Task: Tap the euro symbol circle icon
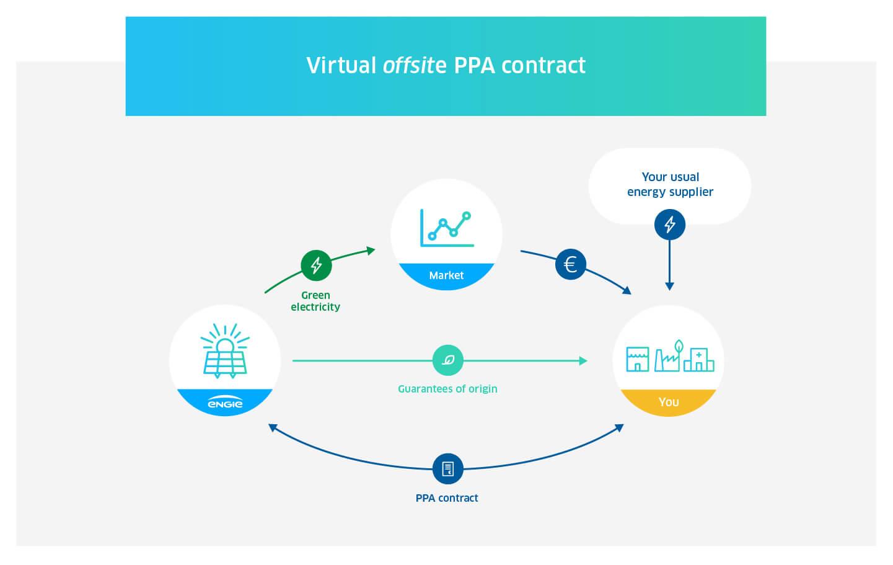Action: point(571,265)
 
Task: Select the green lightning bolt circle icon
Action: point(316,265)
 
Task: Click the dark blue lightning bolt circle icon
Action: point(670,225)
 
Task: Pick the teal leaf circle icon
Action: point(447,360)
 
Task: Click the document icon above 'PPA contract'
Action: point(447,469)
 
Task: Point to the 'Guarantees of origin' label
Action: point(447,389)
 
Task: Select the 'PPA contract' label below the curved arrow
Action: point(447,498)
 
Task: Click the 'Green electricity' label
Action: point(315,301)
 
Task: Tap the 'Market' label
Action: point(446,275)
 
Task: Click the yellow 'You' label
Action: point(669,402)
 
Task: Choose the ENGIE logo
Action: point(225,404)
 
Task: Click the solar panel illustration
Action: point(225,351)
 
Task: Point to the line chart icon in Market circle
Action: point(447,228)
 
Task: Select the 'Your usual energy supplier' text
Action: point(670,184)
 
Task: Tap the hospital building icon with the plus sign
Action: point(698,359)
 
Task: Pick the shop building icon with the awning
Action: point(638,359)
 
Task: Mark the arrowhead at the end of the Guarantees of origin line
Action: point(583,360)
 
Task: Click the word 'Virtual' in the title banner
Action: point(341,66)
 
